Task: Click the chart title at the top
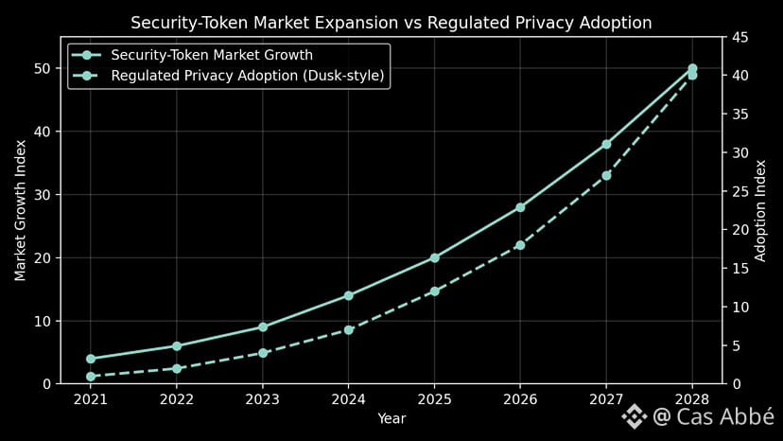point(391,22)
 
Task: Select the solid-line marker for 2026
point(520,207)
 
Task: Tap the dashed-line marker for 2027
point(606,176)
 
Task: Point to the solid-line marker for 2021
point(91,359)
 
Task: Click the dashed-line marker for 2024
point(349,329)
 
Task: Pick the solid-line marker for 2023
point(263,326)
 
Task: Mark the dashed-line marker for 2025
point(434,291)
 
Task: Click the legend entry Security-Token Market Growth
point(211,55)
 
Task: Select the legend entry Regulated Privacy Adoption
point(248,76)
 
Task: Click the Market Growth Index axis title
point(20,210)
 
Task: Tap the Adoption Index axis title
point(761,210)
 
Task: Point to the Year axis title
point(391,417)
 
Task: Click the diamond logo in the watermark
point(635,415)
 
